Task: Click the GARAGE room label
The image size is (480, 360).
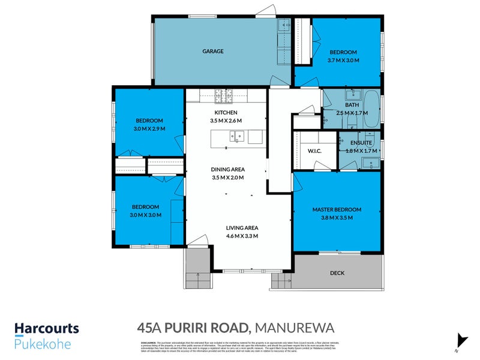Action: coord(212,51)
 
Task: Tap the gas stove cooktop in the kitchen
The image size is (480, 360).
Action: coord(223,94)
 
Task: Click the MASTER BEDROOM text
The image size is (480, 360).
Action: coord(337,209)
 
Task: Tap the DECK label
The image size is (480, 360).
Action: coord(337,273)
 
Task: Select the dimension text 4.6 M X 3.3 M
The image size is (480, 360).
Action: coord(242,236)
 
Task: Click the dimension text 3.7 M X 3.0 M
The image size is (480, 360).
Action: coord(343,61)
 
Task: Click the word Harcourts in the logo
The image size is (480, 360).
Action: coord(47,328)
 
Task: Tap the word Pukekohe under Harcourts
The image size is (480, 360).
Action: coord(43,344)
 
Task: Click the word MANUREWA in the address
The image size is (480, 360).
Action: coord(293,327)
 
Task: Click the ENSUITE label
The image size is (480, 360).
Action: coord(362,142)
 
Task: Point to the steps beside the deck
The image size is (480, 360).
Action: coord(281,279)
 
